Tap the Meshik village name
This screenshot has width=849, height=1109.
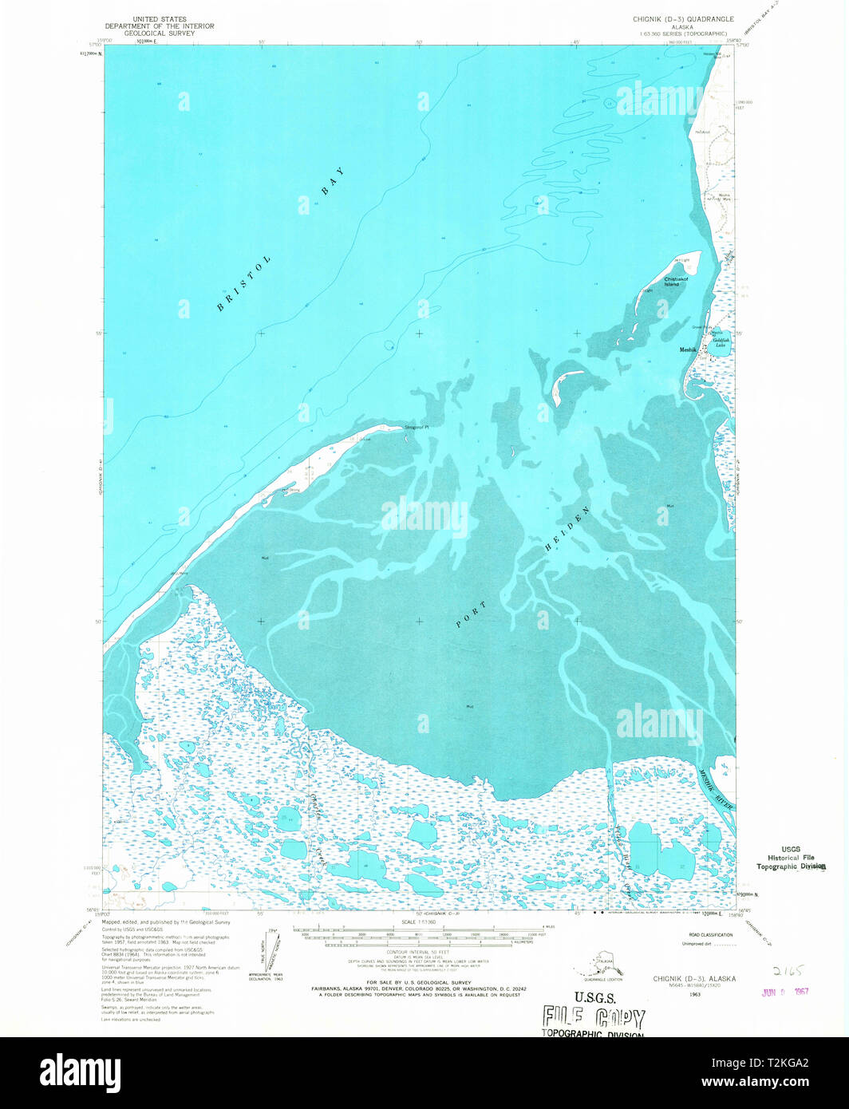(x=688, y=349)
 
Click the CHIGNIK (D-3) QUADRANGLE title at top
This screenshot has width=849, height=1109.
(x=687, y=18)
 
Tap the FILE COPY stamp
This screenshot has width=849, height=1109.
(x=594, y=1016)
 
